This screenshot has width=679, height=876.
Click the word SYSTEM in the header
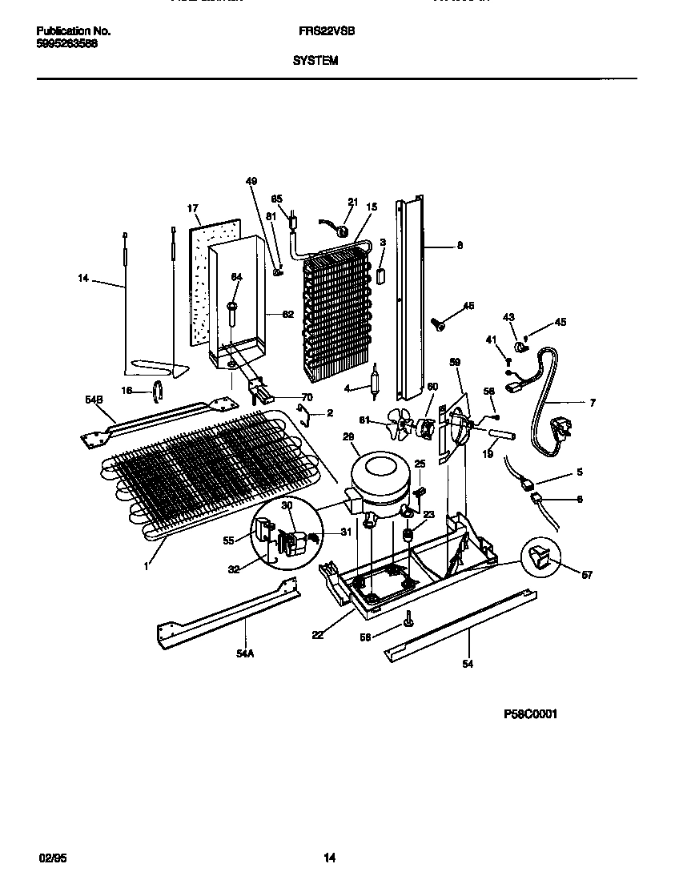(x=315, y=59)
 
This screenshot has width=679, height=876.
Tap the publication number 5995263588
(x=68, y=44)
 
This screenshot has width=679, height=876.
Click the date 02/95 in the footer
(x=50, y=858)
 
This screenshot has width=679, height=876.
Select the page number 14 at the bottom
(x=329, y=858)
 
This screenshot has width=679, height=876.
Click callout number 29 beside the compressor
(x=348, y=436)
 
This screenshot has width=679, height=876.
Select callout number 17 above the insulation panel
(x=193, y=208)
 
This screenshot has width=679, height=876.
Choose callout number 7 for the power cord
(x=593, y=403)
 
